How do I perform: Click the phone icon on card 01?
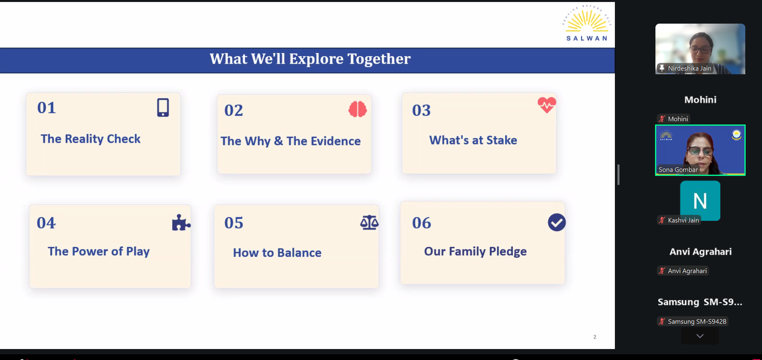(163, 108)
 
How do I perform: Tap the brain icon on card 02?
(358, 109)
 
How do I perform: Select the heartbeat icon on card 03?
(547, 105)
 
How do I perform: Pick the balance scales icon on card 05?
(370, 222)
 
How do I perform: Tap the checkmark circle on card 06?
(557, 222)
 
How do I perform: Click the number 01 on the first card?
(47, 108)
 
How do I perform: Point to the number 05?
(234, 223)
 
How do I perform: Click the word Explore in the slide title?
(316, 59)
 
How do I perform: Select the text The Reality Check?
(90, 139)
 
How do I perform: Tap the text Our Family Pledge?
(475, 251)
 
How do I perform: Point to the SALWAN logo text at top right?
(587, 38)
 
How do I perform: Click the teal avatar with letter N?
(700, 200)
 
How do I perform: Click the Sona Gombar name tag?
(678, 170)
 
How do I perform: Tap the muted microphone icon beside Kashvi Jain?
(662, 220)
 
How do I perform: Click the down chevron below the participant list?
(700, 336)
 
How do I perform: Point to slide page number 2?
(595, 337)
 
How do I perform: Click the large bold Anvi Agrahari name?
(701, 252)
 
